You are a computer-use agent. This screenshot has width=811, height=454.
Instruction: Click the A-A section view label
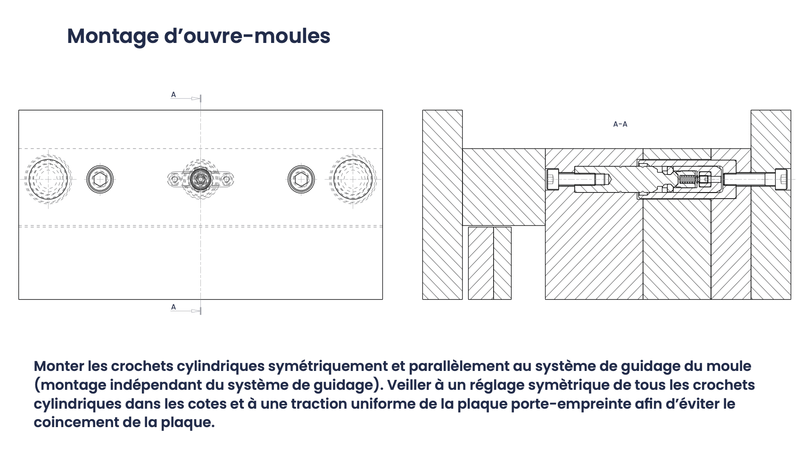point(620,124)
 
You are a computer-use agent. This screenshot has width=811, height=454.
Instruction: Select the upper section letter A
point(174,95)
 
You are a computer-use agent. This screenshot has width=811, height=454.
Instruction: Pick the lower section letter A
point(174,307)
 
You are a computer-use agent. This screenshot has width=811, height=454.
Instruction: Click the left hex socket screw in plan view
point(100,179)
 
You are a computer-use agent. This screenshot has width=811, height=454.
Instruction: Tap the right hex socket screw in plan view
point(301,179)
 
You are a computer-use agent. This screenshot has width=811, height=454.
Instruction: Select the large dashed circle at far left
point(48,179)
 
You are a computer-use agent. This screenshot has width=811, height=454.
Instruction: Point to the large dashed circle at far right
point(353,179)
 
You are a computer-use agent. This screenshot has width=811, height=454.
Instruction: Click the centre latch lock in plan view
point(200,179)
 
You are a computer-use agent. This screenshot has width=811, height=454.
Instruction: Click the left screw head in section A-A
point(552,179)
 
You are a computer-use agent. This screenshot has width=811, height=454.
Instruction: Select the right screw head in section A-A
point(781,179)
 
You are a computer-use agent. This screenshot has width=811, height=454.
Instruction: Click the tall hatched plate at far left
point(442,205)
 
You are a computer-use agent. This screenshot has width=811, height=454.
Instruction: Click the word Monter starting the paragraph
point(59,366)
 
